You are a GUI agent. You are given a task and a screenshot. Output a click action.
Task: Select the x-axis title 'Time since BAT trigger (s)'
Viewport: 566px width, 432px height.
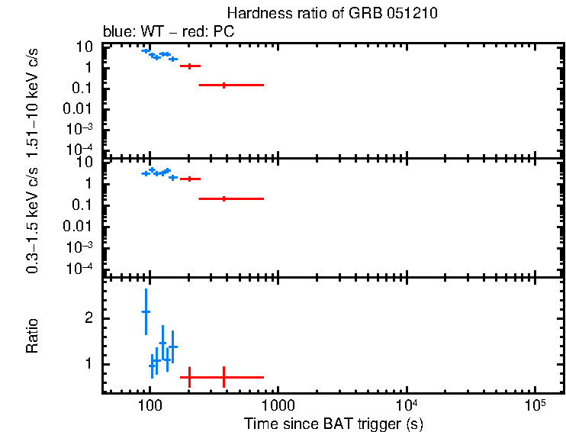point(333,423)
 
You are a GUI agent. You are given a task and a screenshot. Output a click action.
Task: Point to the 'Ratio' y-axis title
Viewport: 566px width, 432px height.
point(32,336)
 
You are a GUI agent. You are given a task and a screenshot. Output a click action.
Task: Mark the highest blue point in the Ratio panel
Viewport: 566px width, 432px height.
point(146,311)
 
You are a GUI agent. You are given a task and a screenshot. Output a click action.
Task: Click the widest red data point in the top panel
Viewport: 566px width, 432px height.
point(224,85)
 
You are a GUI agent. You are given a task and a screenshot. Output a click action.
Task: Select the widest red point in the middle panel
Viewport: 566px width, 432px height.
point(224,198)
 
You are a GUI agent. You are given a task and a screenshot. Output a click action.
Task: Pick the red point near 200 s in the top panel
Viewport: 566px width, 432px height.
point(190,66)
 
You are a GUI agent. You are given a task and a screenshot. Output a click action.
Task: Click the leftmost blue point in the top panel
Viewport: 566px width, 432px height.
point(146,50)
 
